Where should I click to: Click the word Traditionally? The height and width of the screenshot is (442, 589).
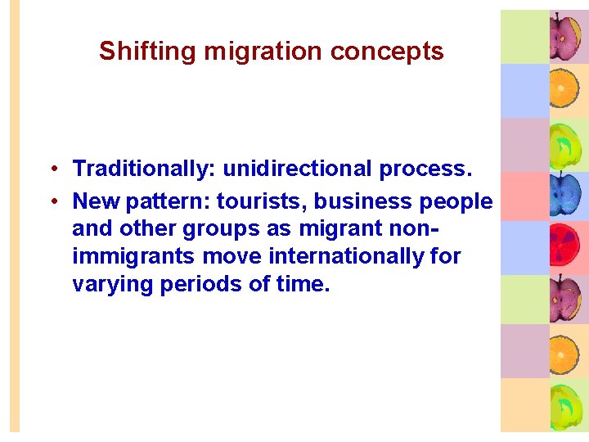[144, 169]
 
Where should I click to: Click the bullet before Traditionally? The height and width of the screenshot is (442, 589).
[52, 169]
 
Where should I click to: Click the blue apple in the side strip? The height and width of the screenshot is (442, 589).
[565, 192]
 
